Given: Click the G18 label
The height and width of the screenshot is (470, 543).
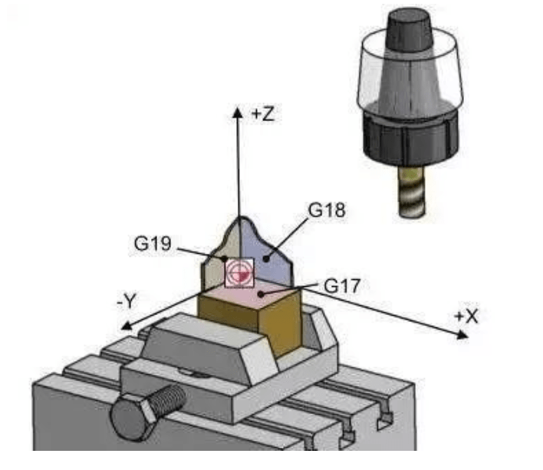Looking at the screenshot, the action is tap(327, 210).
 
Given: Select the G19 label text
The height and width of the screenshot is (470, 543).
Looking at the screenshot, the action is tap(153, 243).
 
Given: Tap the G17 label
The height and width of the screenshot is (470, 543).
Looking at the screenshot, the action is tap(342, 286).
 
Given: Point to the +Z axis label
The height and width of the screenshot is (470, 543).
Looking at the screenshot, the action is tap(263, 114).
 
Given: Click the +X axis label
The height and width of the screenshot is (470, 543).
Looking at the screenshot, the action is tap(466, 317).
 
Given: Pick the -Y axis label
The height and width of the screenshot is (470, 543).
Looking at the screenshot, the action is tap(127, 301).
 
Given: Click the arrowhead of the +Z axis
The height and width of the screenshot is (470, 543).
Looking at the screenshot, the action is tap(238, 112).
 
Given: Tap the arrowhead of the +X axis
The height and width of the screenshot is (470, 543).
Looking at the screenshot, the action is tap(462, 335).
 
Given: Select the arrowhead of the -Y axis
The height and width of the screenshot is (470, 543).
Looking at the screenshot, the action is tap(127, 325).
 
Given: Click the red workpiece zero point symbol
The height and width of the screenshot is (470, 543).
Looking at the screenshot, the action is tap(239, 273).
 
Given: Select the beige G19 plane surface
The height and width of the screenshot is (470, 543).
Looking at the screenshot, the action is tap(221, 256).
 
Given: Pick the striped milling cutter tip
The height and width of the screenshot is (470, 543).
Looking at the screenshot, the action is tap(411, 192).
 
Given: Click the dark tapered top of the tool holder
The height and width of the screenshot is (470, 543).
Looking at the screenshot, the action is tap(410, 31).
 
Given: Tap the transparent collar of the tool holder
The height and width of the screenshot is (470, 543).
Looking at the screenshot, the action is tap(411, 68).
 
